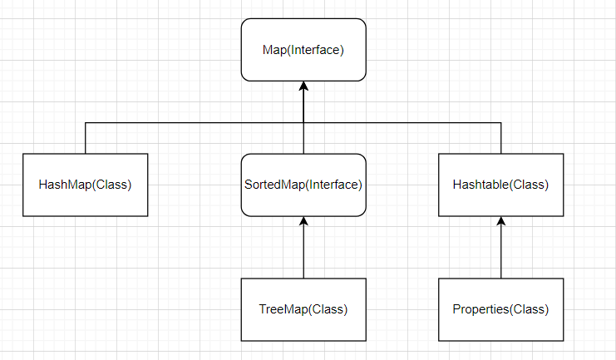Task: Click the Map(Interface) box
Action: pyautogui.click(x=303, y=50)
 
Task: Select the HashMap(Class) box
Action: pyautogui.click(x=86, y=185)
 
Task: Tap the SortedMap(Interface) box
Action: pyautogui.click(x=303, y=185)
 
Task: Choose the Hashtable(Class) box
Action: pyautogui.click(x=501, y=185)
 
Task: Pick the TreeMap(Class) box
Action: pyautogui.click(x=303, y=309)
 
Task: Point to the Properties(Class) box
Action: pyautogui.click(x=501, y=309)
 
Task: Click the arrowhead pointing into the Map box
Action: pyautogui.click(x=304, y=86)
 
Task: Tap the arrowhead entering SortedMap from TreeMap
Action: pyautogui.click(x=304, y=221)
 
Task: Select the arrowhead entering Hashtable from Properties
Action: pyautogui.click(x=501, y=221)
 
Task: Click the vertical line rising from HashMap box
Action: pyautogui.click(x=86, y=138)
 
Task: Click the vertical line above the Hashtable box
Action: pyautogui.click(x=501, y=138)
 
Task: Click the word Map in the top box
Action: pyautogui.click(x=275, y=51)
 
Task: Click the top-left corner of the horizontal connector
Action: pyautogui.click(x=86, y=123)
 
